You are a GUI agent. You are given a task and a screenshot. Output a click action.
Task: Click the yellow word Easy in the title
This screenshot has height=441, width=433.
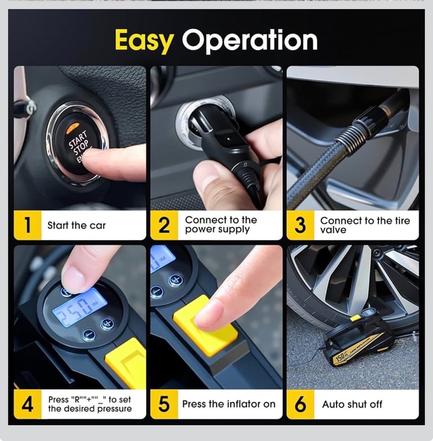144,41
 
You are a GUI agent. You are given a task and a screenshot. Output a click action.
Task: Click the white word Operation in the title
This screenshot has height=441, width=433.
250,41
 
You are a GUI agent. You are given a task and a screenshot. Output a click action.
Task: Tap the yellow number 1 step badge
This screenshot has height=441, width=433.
28,225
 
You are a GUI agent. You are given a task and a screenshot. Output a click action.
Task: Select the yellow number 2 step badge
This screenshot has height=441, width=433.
164,225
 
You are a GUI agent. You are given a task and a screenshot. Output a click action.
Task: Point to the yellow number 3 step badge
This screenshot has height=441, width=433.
301,225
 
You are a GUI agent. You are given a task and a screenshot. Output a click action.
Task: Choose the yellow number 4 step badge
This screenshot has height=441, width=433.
28,404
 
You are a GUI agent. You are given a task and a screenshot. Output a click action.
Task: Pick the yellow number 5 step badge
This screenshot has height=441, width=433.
164,404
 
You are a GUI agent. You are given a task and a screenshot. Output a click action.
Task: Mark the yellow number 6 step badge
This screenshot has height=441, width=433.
301,404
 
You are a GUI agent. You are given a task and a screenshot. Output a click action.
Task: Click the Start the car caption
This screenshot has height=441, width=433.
76,225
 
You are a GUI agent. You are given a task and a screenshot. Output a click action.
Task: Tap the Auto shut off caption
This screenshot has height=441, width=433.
352,404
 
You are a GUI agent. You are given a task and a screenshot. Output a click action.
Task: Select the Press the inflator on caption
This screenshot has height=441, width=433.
228,404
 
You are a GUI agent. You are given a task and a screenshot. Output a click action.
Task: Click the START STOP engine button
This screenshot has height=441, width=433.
77,144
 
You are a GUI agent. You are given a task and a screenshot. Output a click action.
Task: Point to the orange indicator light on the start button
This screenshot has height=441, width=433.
72,128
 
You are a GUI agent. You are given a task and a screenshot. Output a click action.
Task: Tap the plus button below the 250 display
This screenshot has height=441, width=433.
107,323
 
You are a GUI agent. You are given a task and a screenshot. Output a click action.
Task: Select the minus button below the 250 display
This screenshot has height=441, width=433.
89,335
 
